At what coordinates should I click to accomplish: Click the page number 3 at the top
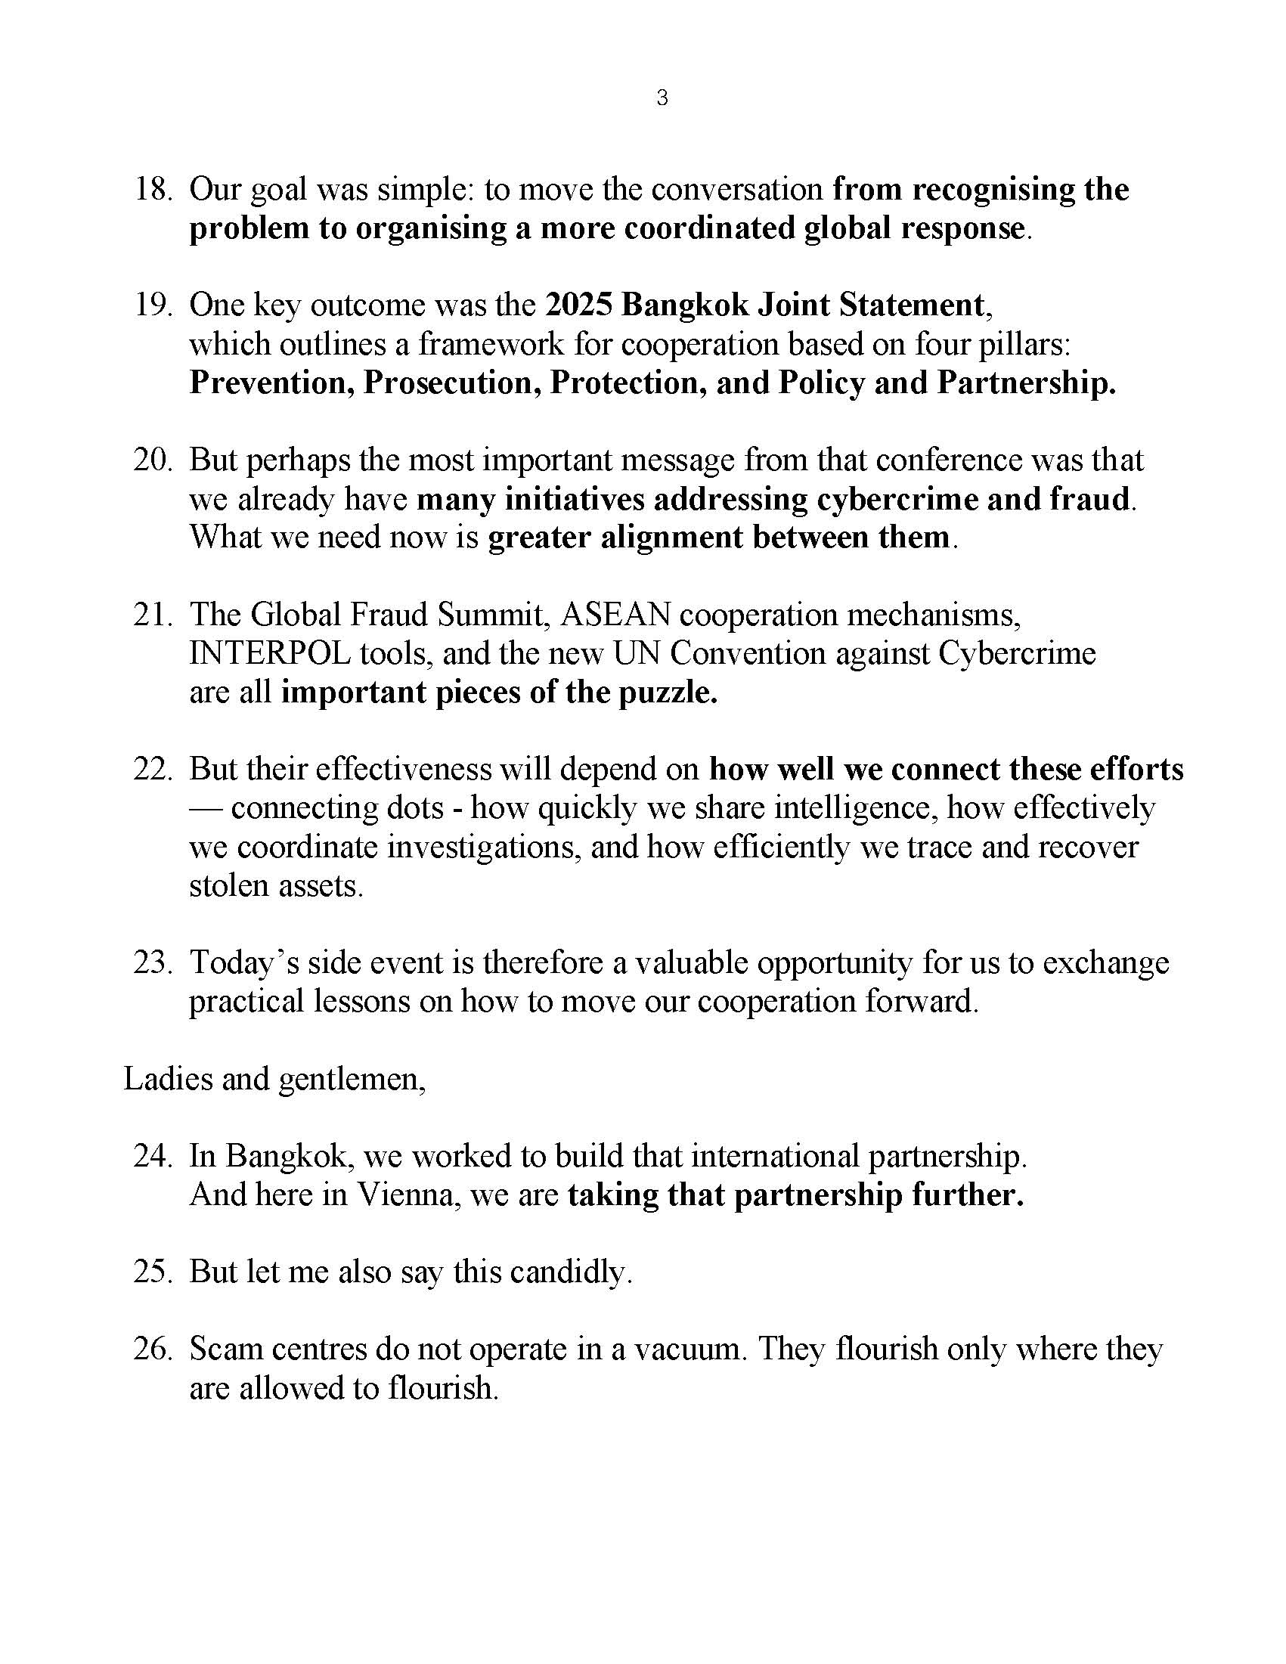(662, 98)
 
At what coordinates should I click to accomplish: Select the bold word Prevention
(271, 383)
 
